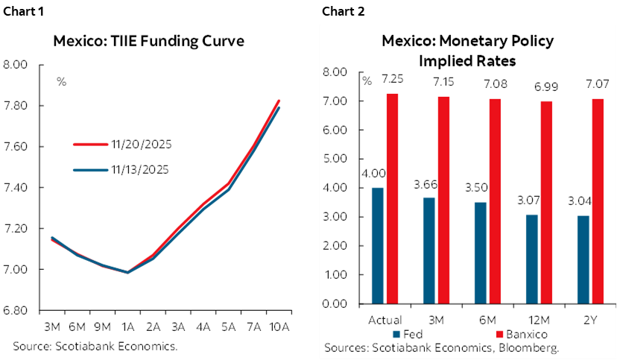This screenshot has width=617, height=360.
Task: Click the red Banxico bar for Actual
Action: (392, 198)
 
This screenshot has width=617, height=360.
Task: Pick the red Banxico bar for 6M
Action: (496, 201)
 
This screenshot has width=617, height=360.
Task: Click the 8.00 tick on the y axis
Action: (336, 72)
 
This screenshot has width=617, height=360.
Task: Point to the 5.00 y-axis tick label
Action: (336, 159)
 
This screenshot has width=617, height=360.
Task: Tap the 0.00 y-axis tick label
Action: (336, 304)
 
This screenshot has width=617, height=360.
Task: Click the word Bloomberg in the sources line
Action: (530, 347)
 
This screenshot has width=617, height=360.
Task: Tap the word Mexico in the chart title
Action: (407, 41)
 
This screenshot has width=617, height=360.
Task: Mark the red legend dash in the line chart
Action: (91, 144)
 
